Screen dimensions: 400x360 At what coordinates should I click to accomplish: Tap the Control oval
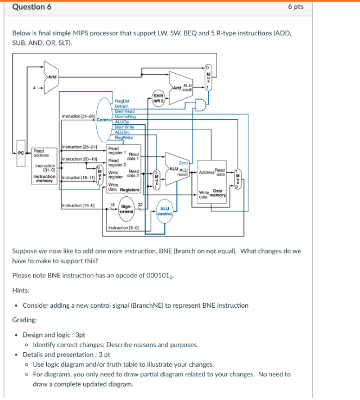(104, 119)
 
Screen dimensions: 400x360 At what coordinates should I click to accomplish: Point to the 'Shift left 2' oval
(158, 97)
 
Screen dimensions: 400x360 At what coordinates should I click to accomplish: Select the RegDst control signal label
(122, 101)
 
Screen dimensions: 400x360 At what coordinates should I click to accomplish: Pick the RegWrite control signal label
(123, 137)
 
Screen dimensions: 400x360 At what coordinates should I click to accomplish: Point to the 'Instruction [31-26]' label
(78, 115)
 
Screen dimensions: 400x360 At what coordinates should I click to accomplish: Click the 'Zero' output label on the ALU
(183, 161)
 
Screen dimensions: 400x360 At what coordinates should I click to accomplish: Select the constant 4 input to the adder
(35, 87)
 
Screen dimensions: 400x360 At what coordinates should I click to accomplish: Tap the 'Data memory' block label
(218, 193)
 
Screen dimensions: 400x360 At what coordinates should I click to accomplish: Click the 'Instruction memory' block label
(44, 179)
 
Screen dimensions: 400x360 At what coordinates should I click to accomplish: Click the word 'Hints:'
(21, 291)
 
